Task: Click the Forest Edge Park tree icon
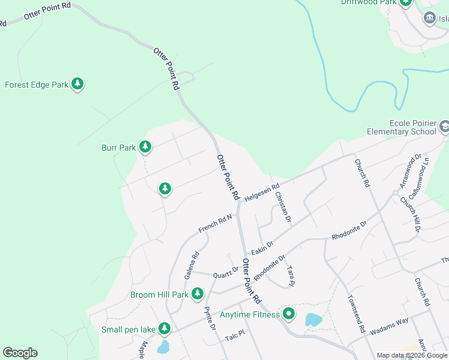pyautogui.click(x=77, y=84)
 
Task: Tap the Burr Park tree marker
pyautogui.click(x=145, y=146)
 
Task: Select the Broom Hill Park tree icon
pyautogui.click(x=197, y=294)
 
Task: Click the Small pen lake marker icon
pyautogui.click(x=164, y=329)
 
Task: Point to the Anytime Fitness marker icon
pyautogui.click(x=289, y=313)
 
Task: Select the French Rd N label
pyautogui.click(x=215, y=224)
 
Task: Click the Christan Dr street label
pyautogui.click(x=283, y=207)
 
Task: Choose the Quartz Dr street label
pyautogui.click(x=226, y=272)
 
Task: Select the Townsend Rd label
pyautogui.click(x=355, y=314)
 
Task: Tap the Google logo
pyautogui.click(x=20, y=353)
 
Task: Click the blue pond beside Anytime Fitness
pyautogui.click(x=313, y=320)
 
